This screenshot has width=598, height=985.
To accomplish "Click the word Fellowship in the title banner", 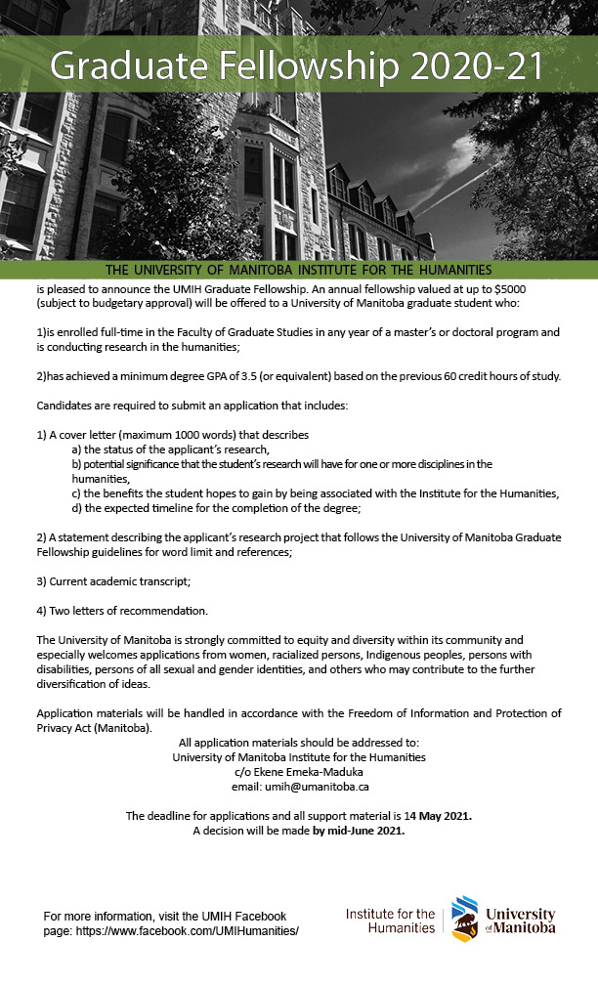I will click(286, 67).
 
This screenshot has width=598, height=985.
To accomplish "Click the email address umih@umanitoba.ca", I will click(298, 786).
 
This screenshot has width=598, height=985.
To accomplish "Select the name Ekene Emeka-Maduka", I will click(298, 771).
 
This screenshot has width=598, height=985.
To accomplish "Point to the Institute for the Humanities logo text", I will click(390, 921).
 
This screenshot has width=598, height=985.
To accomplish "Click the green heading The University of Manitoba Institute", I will click(298, 270).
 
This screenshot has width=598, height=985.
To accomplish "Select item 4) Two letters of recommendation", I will click(122, 611).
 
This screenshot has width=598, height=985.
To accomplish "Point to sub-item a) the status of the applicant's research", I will click(170, 450).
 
